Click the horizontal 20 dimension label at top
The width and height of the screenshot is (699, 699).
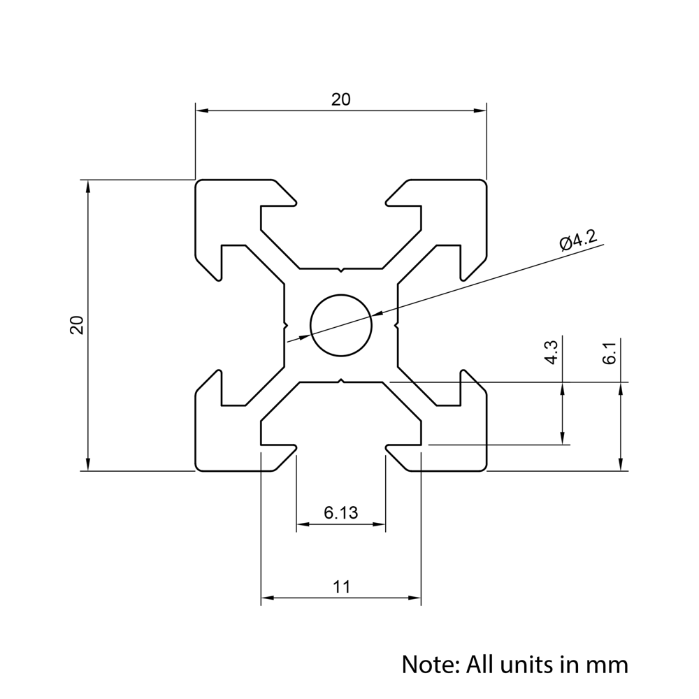pyautogui.click(x=340, y=100)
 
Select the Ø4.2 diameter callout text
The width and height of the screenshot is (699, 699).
pyautogui.click(x=577, y=241)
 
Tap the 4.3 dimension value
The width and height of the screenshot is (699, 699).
pyautogui.click(x=551, y=352)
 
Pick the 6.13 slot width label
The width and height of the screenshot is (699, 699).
pyautogui.click(x=340, y=513)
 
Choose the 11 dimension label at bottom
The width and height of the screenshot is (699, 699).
pyautogui.click(x=340, y=587)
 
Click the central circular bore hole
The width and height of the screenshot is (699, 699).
pyautogui.click(x=340, y=324)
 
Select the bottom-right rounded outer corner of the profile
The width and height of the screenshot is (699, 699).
pyautogui.click(x=483, y=468)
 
